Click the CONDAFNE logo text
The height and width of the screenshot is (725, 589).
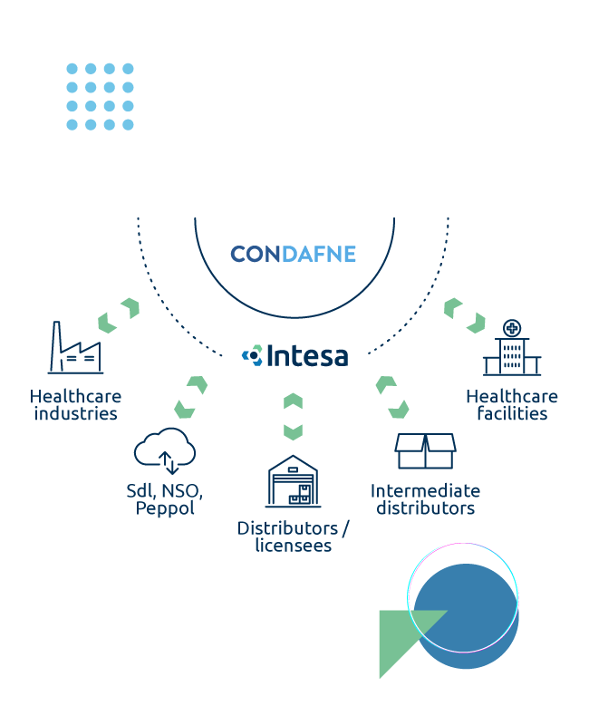pyautogui.click(x=293, y=254)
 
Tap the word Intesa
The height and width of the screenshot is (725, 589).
pyautogui.click(x=307, y=355)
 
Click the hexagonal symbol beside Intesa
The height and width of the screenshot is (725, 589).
pyautogui.click(x=252, y=355)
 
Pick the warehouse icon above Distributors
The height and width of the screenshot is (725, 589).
pyautogui.click(x=293, y=481)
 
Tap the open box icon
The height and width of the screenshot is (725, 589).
pyautogui.click(x=425, y=450)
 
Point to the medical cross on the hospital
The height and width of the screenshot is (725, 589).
pyautogui.click(x=512, y=327)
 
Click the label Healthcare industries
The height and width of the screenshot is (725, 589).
pyautogui.click(x=75, y=405)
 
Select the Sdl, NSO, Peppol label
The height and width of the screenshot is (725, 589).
pyautogui.click(x=165, y=499)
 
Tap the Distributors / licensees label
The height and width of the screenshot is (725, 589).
pyautogui.click(x=293, y=536)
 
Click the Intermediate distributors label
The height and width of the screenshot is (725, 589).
pyautogui.click(x=425, y=499)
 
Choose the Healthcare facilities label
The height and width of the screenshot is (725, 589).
pyautogui.click(x=512, y=405)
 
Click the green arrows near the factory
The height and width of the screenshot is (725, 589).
pyautogui.click(x=119, y=314)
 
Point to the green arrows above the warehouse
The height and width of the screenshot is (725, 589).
pyautogui.click(x=293, y=416)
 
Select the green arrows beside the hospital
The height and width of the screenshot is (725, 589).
pyautogui.click(x=464, y=314)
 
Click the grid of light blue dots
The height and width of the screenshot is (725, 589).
pyautogui.click(x=100, y=96)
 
